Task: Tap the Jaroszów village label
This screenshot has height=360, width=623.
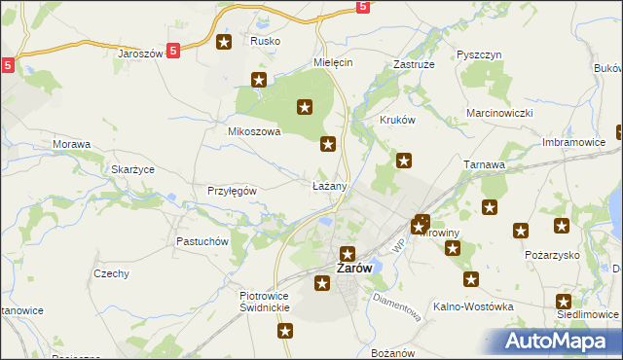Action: coord(139,54)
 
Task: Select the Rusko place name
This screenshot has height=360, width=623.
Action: coord(265,41)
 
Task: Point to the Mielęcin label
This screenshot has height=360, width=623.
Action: coord(332,61)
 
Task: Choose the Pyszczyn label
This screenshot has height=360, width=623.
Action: coord(478,55)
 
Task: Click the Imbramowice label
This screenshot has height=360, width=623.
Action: coord(574,142)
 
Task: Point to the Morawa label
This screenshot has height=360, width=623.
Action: coord(72,145)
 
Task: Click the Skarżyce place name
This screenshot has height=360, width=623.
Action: coord(133,169)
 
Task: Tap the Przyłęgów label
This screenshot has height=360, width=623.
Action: coord(232,191)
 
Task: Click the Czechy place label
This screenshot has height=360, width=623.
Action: coord(112,273)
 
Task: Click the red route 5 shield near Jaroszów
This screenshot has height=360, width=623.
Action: coord(172,51)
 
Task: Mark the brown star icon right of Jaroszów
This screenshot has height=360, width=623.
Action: coord(224,42)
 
